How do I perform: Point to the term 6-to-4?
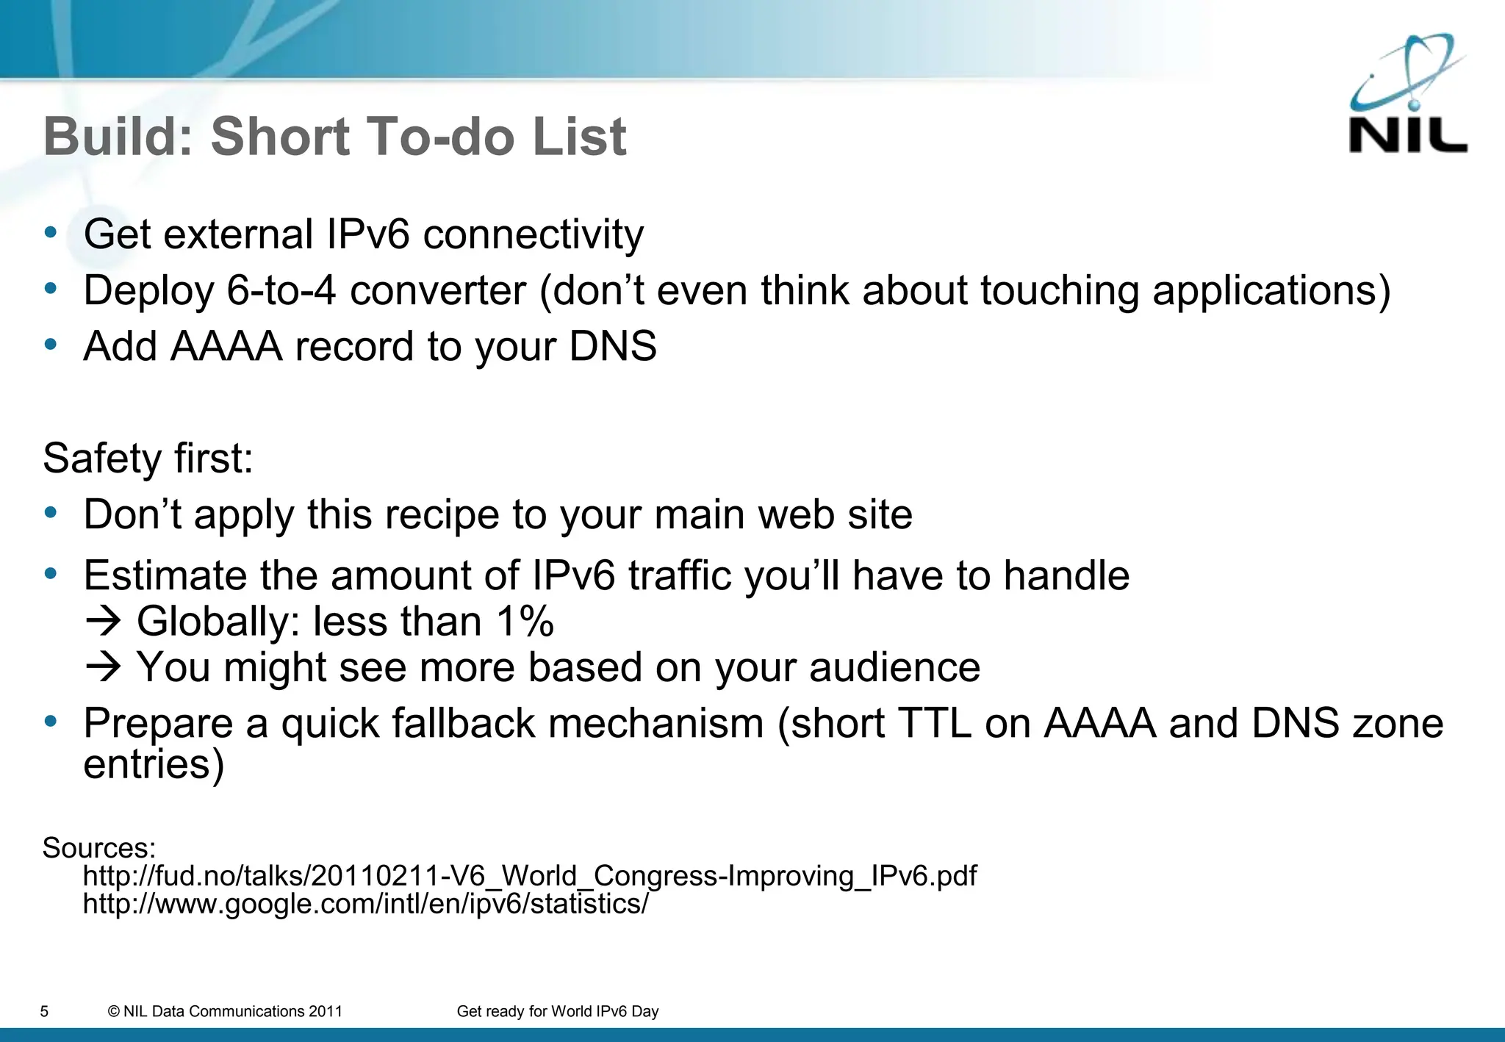pyautogui.click(x=281, y=290)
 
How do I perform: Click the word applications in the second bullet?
pyautogui.click(x=1271, y=290)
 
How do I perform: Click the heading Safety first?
pyautogui.click(x=148, y=459)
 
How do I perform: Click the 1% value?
pyautogui.click(x=525, y=622)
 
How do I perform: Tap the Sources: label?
pyautogui.click(x=99, y=848)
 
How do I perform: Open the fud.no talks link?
pyautogui.click(x=529, y=876)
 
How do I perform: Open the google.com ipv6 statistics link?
pyautogui.click(x=365, y=904)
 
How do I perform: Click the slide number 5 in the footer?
pyautogui.click(x=44, y=1012)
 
